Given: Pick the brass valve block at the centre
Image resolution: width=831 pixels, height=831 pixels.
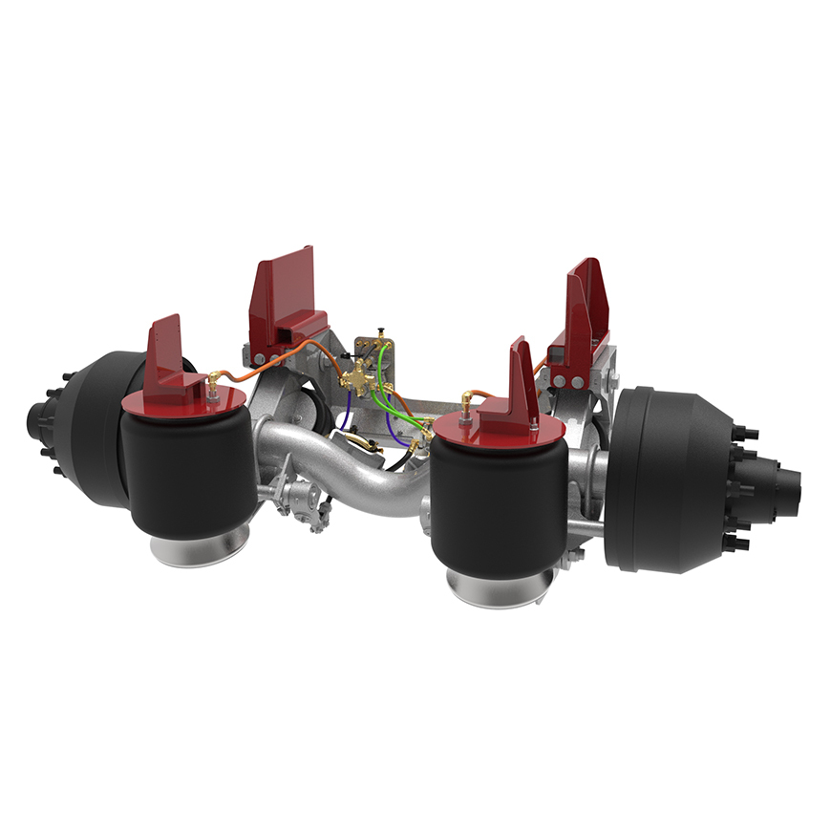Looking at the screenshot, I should click(363, 378).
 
